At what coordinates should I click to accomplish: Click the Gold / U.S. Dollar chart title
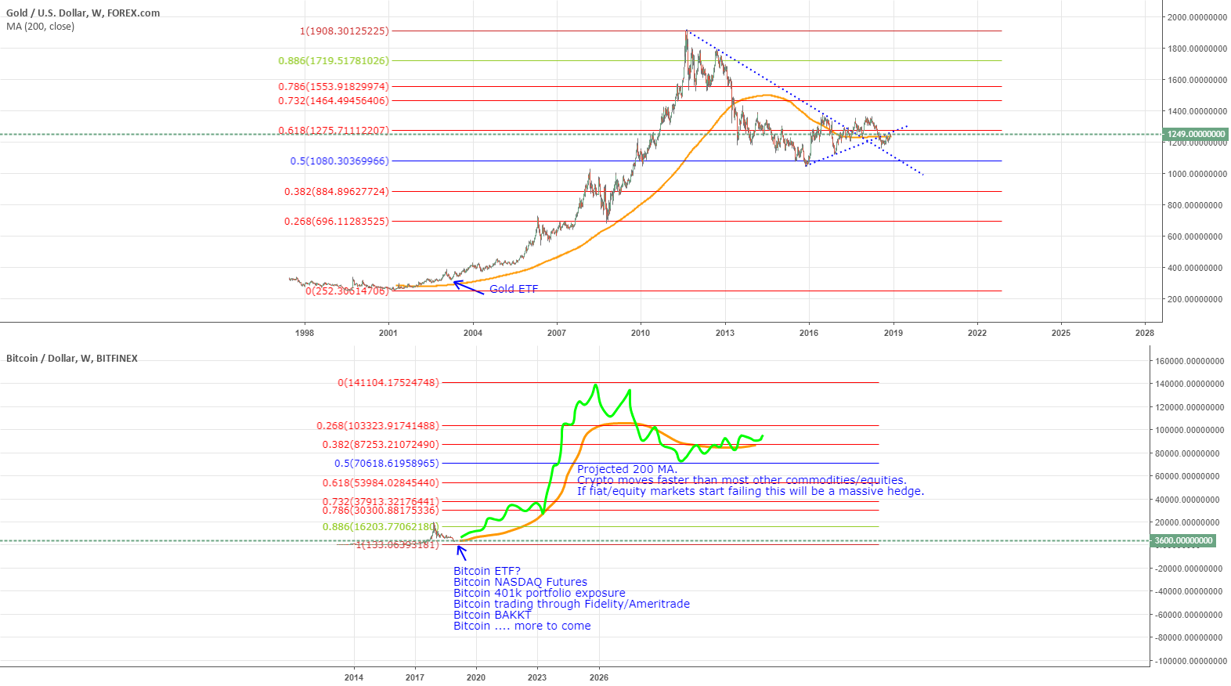click(83, 13)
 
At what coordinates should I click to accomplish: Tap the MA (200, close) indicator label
click(41, 27)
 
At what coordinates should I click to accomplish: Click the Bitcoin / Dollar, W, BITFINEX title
click(72, 359)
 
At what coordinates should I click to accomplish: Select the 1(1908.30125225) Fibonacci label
click(344, 31)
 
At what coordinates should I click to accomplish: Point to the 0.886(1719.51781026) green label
click(334, 61)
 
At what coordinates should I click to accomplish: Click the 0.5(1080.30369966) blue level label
click(339, 161)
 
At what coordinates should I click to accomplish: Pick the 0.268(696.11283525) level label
click(336, 222)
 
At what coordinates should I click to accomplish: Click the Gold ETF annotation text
click(514, 289)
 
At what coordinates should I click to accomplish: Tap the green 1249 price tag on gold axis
click(1195, 135)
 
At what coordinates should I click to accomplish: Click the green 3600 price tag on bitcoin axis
click(1182, 541)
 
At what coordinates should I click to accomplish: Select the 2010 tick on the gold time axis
click(641, 333)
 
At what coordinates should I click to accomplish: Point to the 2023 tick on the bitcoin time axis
click(537, 677)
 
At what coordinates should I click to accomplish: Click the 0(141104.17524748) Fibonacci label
click(388, 383)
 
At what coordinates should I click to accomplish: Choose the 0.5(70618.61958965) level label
click(387, 464)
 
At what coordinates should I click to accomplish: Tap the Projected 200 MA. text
click(627, 469)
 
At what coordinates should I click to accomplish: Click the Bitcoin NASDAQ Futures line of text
click(520, 582)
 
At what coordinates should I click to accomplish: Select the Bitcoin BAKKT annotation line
click(492, 615)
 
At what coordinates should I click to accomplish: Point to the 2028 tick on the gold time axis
click(1144, 333)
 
